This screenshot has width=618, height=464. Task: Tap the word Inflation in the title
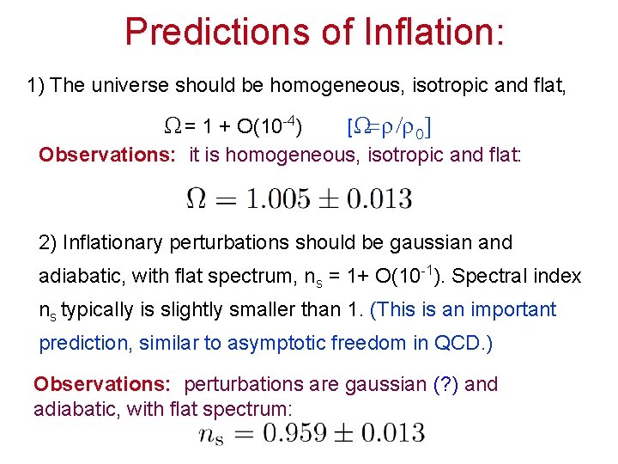[x=423, y=32]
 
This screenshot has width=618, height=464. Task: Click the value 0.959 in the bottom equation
[x=304, y=432]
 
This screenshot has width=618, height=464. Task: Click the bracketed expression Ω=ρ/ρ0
[x=387, y=130]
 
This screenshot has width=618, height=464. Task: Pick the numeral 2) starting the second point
[x=50, y=243]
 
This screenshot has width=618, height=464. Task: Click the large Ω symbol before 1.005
[x=197, y=199]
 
